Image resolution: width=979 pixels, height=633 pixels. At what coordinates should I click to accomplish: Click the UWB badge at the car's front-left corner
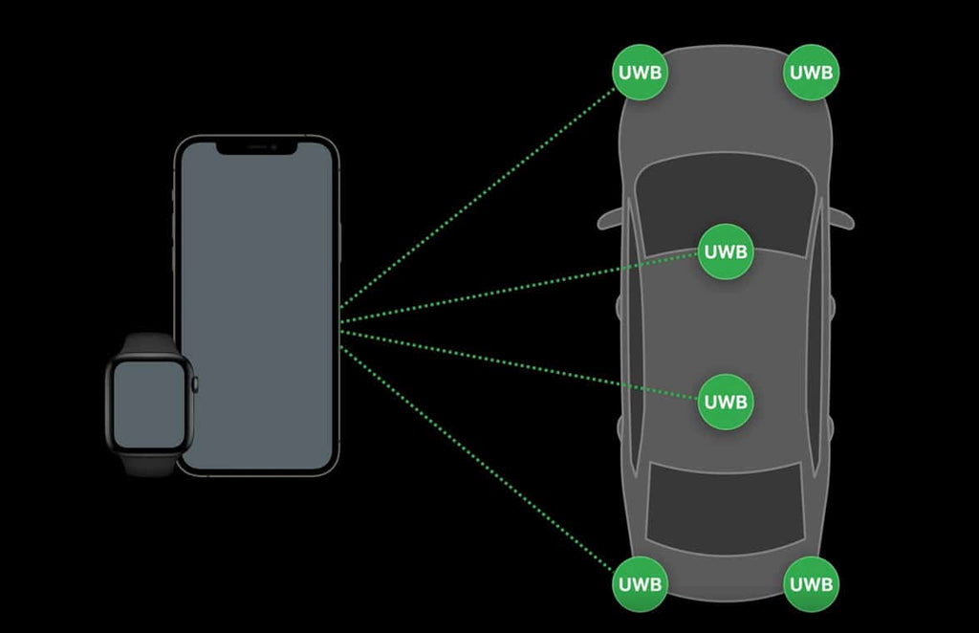(640, 72)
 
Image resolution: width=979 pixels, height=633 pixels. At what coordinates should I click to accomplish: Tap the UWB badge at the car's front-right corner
(812, 72)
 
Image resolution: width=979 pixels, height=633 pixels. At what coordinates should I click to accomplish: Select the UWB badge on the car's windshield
(727, 252)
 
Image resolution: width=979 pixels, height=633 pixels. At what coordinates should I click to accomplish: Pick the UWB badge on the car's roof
(727, 401)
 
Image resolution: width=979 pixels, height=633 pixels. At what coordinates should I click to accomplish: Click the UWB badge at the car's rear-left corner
(640, 583)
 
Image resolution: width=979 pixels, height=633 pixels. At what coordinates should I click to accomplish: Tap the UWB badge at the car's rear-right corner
(812, 583)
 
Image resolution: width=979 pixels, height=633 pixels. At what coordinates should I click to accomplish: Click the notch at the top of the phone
(257, 147)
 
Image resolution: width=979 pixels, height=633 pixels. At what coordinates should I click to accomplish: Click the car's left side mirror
(611, 219)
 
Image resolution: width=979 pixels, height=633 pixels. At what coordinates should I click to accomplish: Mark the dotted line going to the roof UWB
(516, 363)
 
